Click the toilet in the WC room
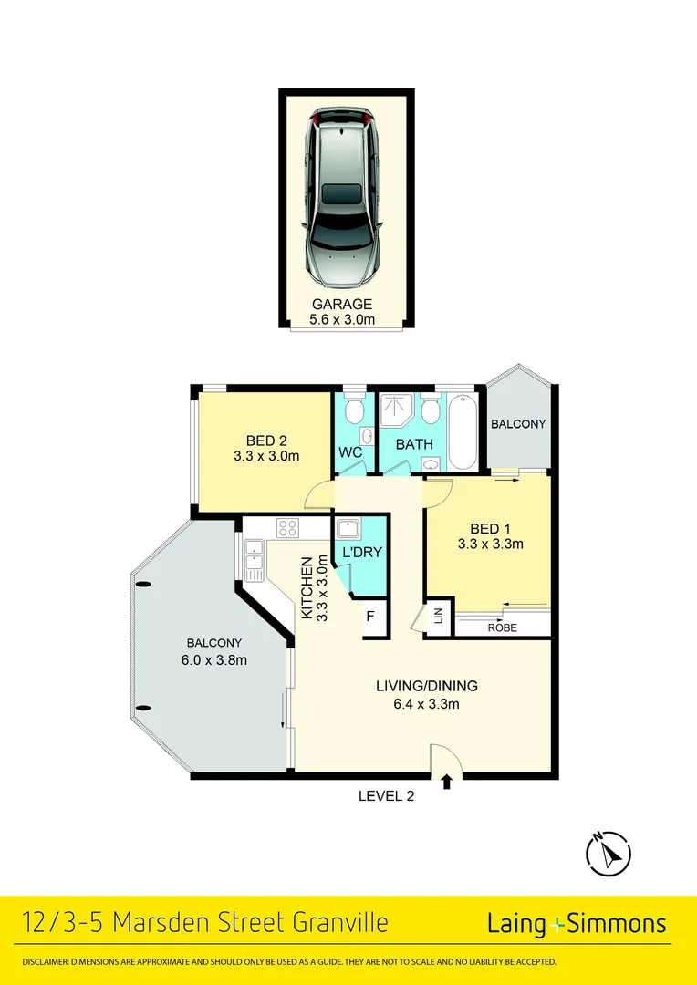(x=354, y=410)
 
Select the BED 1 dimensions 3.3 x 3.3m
(x=490, y=545)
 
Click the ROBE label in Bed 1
(x=502, y=627)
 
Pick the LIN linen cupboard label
(x=438, y=617)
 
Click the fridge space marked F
(x=370, y=617)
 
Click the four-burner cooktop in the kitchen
(x=288, y=527)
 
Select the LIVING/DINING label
(x=427, y=686)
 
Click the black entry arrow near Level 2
(x=446, y=781)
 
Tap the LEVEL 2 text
(x=386, y=795)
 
